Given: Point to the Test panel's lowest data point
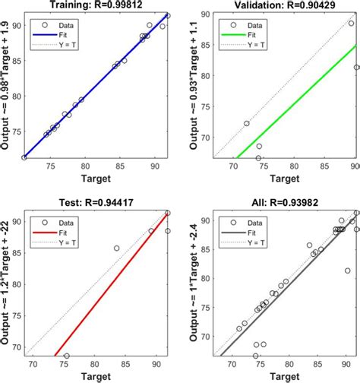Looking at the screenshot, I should point(67,356).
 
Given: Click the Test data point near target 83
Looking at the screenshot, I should point(116,248).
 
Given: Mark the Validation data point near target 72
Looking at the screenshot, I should point(247,123).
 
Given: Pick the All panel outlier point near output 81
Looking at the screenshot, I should point(347,271).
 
